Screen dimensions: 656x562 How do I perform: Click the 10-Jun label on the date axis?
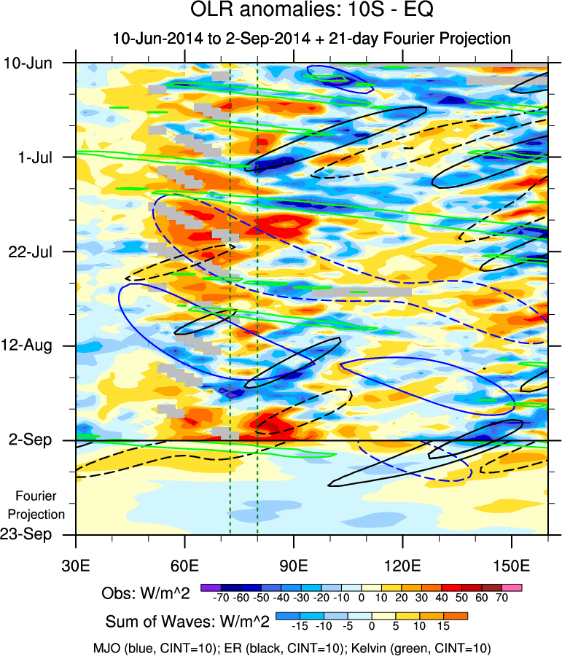coord(28,63)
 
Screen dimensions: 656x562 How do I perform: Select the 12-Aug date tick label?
coord(28,345)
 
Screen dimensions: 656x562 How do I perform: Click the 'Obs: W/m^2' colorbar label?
coord(146,593)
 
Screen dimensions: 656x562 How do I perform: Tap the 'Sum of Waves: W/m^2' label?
coord(188,622)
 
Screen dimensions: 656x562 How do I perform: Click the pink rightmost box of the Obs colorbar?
coord(513,587)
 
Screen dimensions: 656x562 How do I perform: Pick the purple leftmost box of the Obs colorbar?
coord(210,587)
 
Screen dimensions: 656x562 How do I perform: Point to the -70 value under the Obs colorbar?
coord(220,599)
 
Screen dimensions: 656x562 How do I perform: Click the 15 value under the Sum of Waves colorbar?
coord(443,626)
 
